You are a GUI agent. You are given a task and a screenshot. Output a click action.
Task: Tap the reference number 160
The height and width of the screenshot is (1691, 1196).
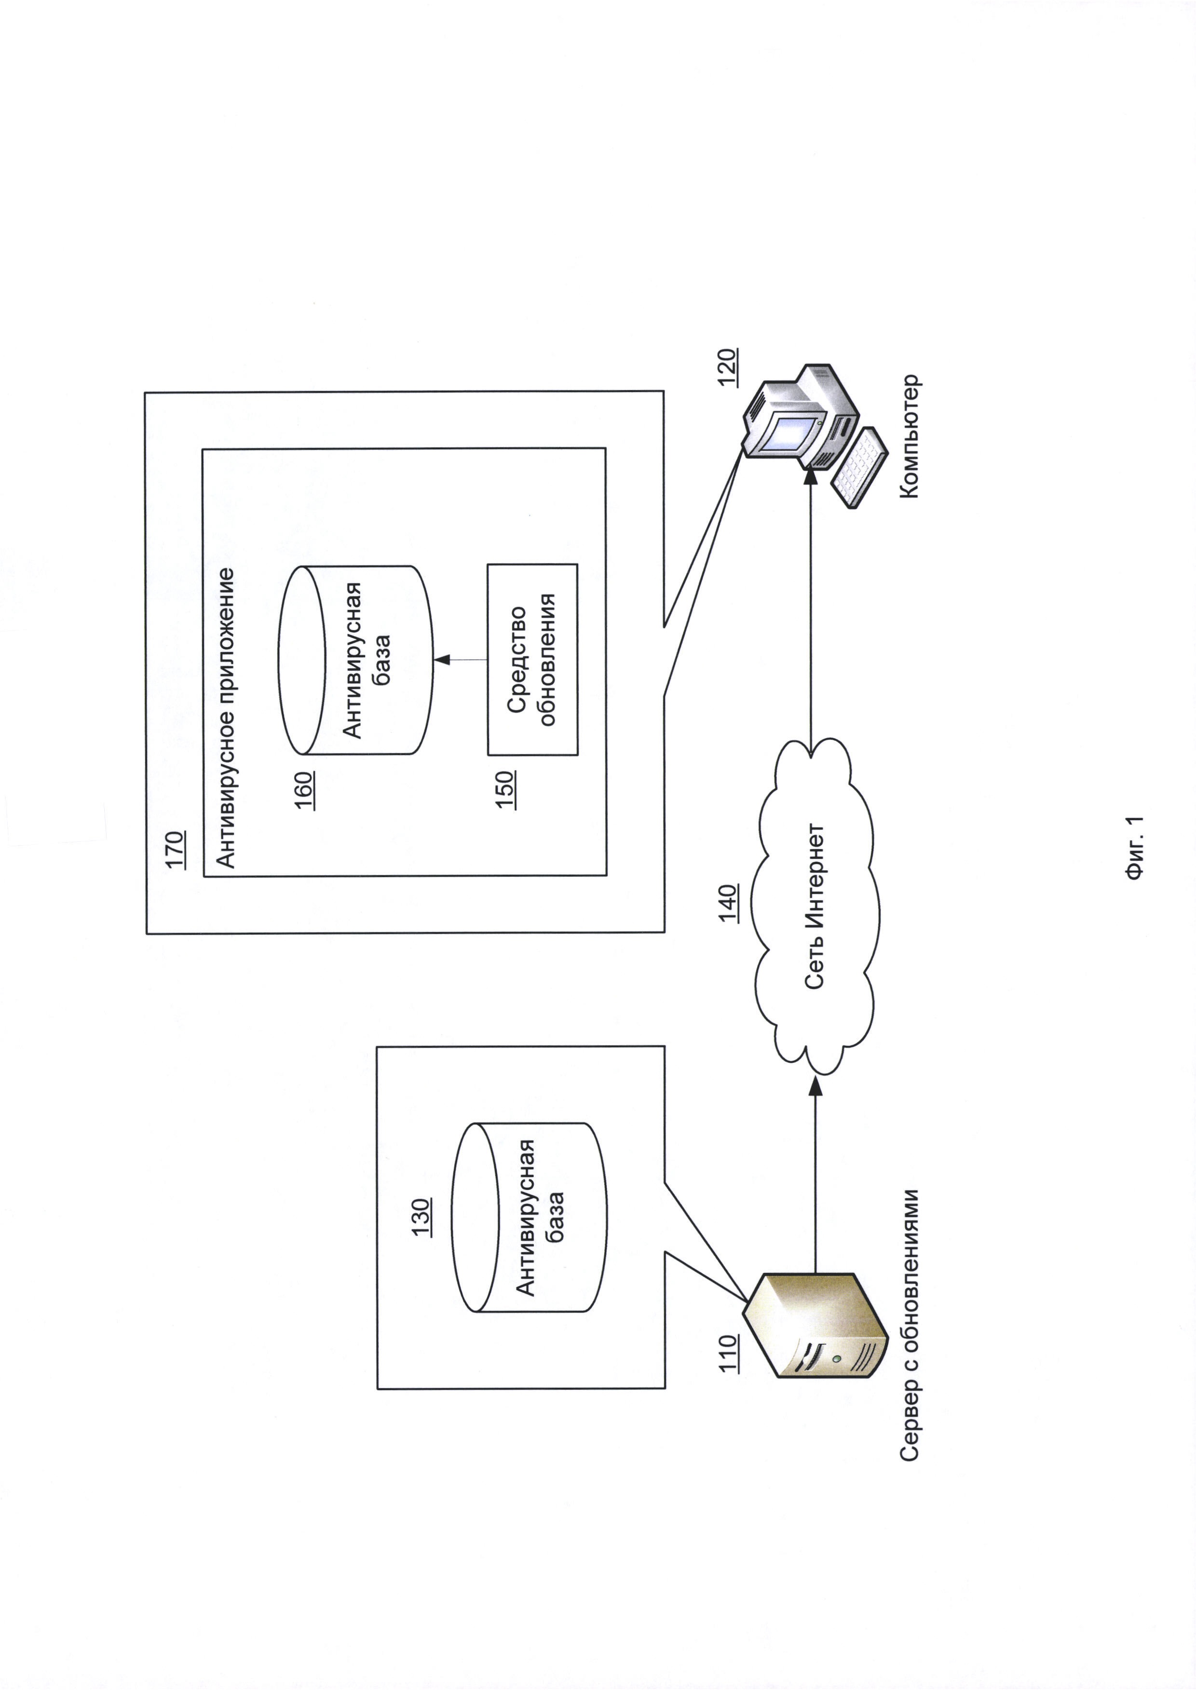pos(305,790)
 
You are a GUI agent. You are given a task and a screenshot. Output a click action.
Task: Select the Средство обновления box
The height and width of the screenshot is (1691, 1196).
pos(532,659)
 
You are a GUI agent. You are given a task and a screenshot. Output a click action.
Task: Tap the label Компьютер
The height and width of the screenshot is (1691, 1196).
pos(911,437)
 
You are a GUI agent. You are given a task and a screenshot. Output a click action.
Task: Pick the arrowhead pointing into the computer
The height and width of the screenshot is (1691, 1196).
pos(811,476)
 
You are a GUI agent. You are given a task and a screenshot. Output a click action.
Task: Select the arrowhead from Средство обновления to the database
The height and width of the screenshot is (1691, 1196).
pos(442,659)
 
